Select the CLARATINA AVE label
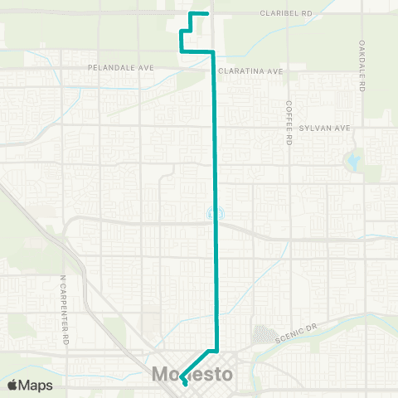coord(250,71)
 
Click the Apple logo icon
coord(13,385)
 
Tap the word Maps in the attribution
coord(36,385)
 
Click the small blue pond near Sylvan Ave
coord(355,161)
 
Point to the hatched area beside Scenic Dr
coord(264,334)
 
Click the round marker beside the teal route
coord(211,214)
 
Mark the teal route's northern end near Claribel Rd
coord(206,13)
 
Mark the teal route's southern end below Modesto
coord(184,385)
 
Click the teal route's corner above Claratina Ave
coord(214,52)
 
